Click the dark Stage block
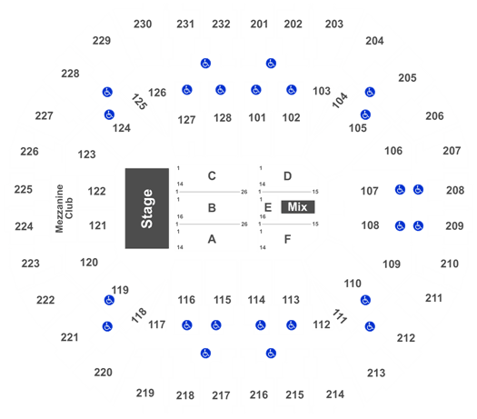click(147, 208)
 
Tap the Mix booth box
click(298, 207)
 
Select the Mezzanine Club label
click(65, 208)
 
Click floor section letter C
click(212, 176)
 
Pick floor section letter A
click(212, 239)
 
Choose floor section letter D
click(287, 176)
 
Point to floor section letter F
click(287, 239)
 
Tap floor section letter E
click(268, 207)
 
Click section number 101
click(257, 118)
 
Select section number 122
click(96, 192)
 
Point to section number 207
click(452, 151)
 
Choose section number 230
click(143, 24)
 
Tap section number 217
click(221, 395)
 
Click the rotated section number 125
click(139, 102)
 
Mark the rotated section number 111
click(340, 316)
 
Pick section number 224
click(24, 226)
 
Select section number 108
click(370, 225)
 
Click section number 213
click(376, 373)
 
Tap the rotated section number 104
click(340, 100)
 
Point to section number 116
click(186, 300)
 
